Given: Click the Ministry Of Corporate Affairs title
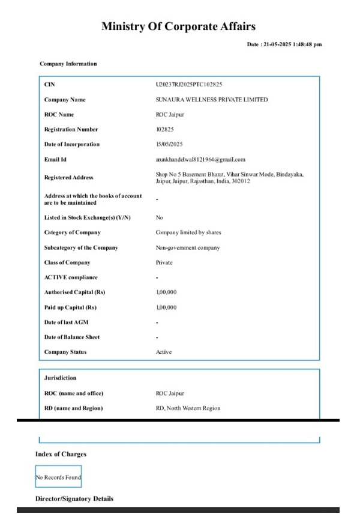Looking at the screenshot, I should tap(178, 26).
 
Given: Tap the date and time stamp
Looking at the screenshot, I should tap(284, 44).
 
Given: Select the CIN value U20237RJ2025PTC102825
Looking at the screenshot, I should tap(189, 85).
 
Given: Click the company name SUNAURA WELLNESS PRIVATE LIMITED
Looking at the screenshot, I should tap(212, 100).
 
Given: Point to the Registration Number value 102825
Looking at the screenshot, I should tap(166, 130).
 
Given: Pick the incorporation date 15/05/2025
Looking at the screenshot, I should tap(169, 145).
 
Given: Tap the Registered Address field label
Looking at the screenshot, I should tap(68, 178).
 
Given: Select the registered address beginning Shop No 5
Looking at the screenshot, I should tap(229, 178).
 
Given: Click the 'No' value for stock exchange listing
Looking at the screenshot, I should tap(160, 218).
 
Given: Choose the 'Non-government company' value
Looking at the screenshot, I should tap(188, 248).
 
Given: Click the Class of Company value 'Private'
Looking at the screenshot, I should tap(164, 262).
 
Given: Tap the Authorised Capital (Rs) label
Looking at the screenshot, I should tap(68, 292).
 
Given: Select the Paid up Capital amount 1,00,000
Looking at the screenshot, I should tap(166, 307).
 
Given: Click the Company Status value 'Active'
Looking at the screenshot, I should tap(164, 352).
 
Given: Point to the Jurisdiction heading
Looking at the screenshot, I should tap(61, 378).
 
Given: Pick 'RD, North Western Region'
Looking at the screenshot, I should tap(188, 408).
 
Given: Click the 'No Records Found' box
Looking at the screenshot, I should tap(58, 477).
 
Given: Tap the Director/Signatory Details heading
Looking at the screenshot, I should tap(74, 499).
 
